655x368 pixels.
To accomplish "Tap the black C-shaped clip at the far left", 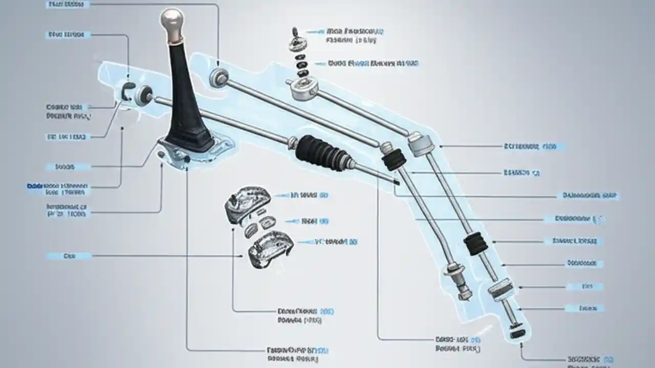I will click(128, 91).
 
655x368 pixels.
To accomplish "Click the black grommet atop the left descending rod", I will click(392, 160).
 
